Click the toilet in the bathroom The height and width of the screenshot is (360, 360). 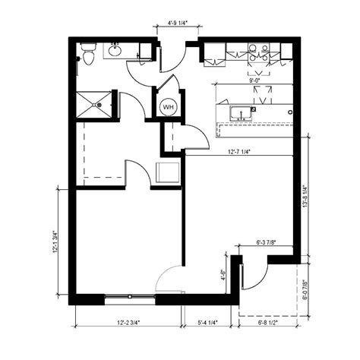88,54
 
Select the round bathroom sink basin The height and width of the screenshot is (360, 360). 115,52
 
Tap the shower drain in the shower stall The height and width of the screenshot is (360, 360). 96,106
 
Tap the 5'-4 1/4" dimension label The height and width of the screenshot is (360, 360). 208,322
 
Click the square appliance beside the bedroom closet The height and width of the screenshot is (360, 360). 168,172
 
